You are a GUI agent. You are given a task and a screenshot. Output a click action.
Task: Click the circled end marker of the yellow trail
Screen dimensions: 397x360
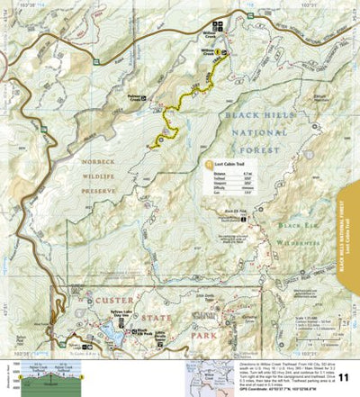[160, 139]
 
